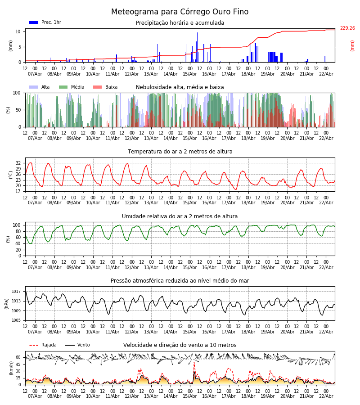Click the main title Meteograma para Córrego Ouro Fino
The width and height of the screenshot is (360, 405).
coord(180,12)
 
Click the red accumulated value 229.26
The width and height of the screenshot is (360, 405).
coord(347,28)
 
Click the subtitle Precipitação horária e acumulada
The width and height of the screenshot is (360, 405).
coord(180,23)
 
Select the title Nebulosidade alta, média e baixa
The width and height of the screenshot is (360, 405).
coord(180,87)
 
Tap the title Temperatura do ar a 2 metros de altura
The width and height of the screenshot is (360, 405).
coord(180,152)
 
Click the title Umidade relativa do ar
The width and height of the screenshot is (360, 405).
coord(180,216)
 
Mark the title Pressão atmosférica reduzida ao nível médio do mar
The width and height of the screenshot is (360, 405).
coord(180,281)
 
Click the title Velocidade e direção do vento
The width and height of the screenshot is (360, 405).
coord(180,345)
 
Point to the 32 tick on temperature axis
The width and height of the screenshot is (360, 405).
coord(18,163)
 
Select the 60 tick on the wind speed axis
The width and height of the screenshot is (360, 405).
coord(18,357)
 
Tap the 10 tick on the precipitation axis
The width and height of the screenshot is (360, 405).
coord(18,31)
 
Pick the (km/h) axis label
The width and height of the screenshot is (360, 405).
coord(11,368)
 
